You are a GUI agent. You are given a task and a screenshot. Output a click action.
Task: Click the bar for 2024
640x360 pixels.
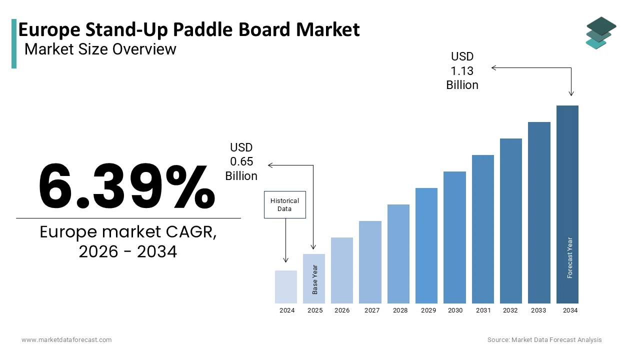click(286, 287)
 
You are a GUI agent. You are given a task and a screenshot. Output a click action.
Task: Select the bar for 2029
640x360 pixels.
click(426, 245)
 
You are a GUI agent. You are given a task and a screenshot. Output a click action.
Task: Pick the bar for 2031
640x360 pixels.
click(483, 229)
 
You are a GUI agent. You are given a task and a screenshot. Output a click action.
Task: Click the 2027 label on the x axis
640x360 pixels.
click(372, 310)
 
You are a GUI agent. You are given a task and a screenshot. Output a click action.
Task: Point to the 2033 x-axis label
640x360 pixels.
click(538, 310)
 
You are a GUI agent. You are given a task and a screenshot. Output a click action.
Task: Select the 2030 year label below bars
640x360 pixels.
click(455, 310)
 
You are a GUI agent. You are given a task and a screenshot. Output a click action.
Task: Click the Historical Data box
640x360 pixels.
click(284, 204)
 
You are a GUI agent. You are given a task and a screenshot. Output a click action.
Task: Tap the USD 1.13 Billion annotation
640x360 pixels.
click(462, 71)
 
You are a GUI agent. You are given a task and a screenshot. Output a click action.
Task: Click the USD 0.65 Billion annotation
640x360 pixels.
click(241, 161)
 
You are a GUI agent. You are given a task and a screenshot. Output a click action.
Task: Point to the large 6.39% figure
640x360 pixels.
click(127, 186)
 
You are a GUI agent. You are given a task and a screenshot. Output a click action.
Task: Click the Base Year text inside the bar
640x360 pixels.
click(315, 279)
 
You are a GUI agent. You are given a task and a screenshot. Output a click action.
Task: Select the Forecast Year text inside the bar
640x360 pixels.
click(569, 257)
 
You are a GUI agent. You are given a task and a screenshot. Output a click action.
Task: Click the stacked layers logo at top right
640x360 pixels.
click(600, 33)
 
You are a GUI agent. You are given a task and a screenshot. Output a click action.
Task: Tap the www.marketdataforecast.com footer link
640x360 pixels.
click(66, 340)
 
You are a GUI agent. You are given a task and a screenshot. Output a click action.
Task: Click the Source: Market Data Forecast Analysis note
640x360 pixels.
click(544, 340)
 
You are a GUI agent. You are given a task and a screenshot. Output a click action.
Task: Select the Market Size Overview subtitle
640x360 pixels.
click(100, 49)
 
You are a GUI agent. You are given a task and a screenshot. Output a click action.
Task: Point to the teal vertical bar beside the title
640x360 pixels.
click(14, 44)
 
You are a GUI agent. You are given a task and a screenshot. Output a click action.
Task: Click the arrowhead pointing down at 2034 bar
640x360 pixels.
click(571, 93)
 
